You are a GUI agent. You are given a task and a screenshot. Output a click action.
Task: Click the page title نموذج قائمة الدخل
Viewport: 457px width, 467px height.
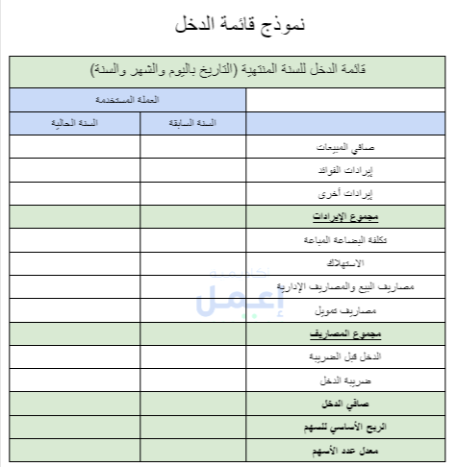(228, 25)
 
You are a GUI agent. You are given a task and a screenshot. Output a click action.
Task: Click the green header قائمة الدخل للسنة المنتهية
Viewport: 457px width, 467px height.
(228, 71)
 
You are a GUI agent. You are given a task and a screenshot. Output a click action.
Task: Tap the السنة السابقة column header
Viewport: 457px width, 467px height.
(192, 124)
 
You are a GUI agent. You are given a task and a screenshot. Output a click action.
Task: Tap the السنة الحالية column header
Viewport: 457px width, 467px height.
(75, 124)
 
